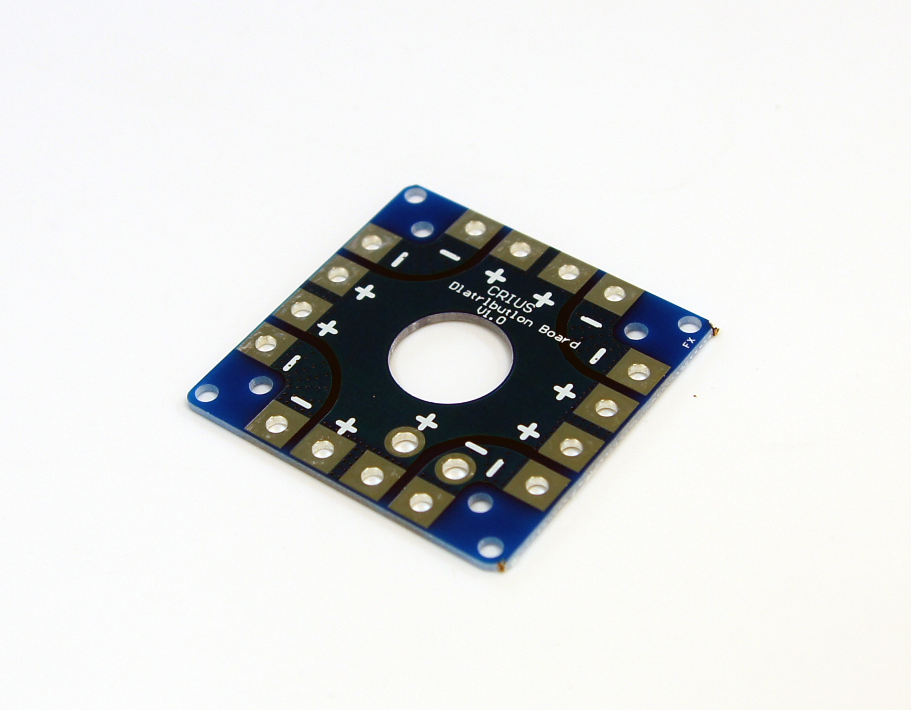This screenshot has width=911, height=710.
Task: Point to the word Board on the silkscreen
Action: [x=559, y=337]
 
